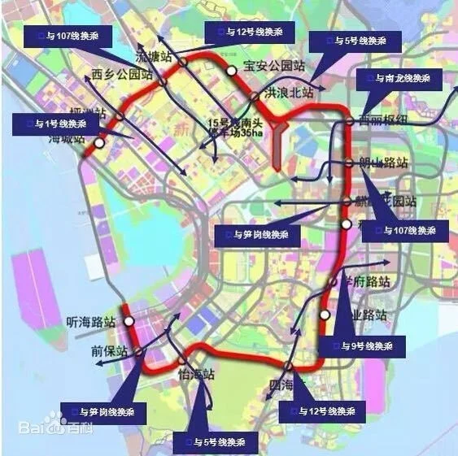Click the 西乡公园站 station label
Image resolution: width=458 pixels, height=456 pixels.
(122, 75)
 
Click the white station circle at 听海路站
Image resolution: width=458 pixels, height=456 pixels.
(129, 322)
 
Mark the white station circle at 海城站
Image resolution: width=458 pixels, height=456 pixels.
(98, 142)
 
